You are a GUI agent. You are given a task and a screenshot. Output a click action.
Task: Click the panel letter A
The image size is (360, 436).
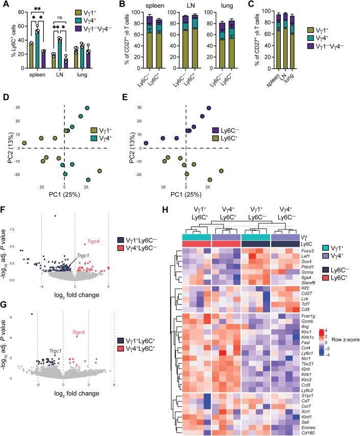pyautogui.click(x=5, y=5)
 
